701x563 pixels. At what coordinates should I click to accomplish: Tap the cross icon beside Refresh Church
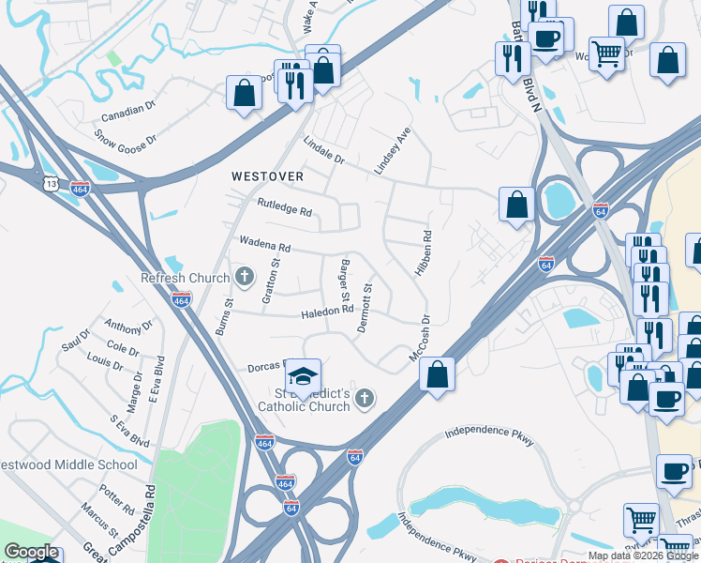tap(245, 277)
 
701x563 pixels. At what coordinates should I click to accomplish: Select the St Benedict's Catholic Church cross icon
tap(365, 401)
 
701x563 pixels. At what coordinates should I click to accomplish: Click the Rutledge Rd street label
tap(284, 206)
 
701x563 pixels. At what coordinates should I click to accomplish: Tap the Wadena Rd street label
tap(265, 245)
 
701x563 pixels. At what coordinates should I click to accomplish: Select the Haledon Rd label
tap(326, 311)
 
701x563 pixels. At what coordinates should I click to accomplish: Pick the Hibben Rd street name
tap(422, 253)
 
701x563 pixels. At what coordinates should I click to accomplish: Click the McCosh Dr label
tap(419, 340)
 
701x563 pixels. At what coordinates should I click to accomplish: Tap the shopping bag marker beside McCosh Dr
tap(437, 374)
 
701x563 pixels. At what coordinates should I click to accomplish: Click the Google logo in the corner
tap(31, 552)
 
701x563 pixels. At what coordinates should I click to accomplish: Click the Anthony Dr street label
tap(128, 326)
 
